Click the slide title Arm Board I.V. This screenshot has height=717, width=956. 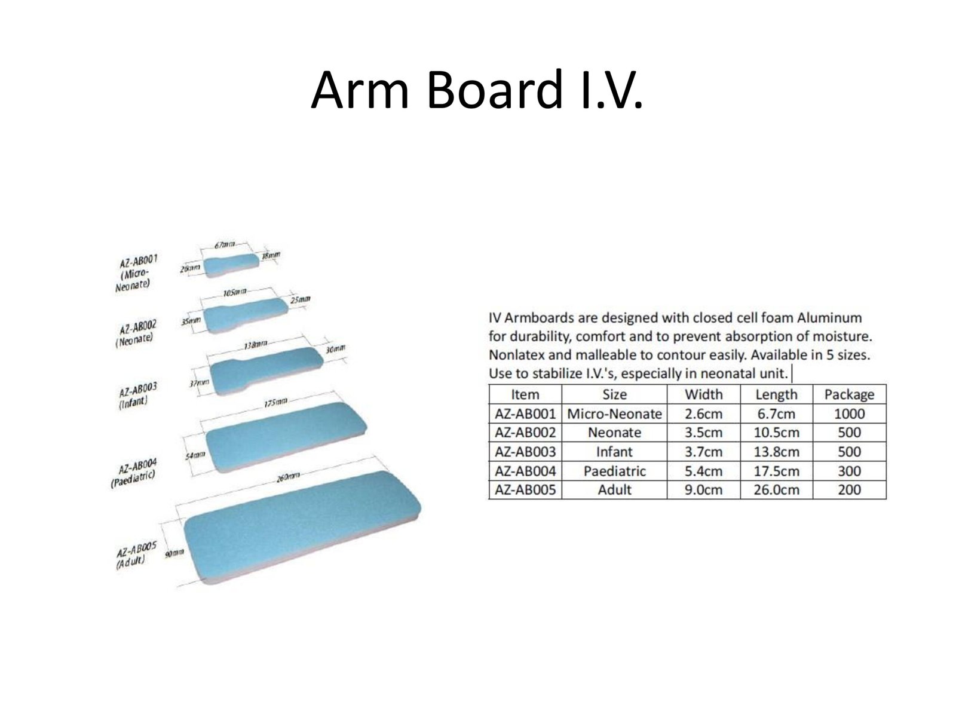(476, 90)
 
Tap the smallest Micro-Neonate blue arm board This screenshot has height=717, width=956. (231, 265)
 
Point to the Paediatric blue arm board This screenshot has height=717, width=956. (286, 436)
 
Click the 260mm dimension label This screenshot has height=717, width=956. (288, 477)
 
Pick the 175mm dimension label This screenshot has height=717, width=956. (275, 402)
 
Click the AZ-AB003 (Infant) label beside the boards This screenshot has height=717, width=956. (137, 396)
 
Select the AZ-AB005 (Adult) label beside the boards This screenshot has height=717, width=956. (136, 556)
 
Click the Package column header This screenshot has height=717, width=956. (849, 394)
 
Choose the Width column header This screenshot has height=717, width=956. (703, 394)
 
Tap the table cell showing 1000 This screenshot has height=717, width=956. (849, 413)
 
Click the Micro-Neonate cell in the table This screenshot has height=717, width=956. (614, 413)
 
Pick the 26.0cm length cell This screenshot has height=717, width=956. (776, 490)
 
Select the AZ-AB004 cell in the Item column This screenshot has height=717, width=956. (525, 471)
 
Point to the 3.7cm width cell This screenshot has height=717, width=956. (703, 452)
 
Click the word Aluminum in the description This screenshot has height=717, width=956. (829, 318)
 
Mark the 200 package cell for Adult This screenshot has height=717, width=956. (849, 490)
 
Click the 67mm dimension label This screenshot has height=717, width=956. (225, 245)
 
